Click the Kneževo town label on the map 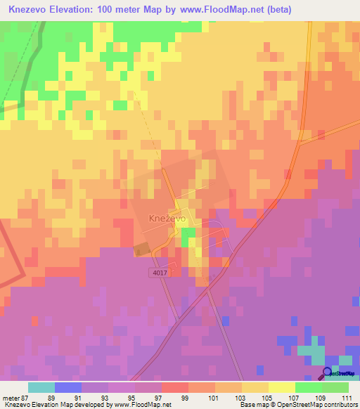(167, 219)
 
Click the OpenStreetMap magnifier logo (328, 372)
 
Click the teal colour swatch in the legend (41, 387)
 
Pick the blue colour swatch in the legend (68, 387)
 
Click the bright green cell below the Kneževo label (185, 240)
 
